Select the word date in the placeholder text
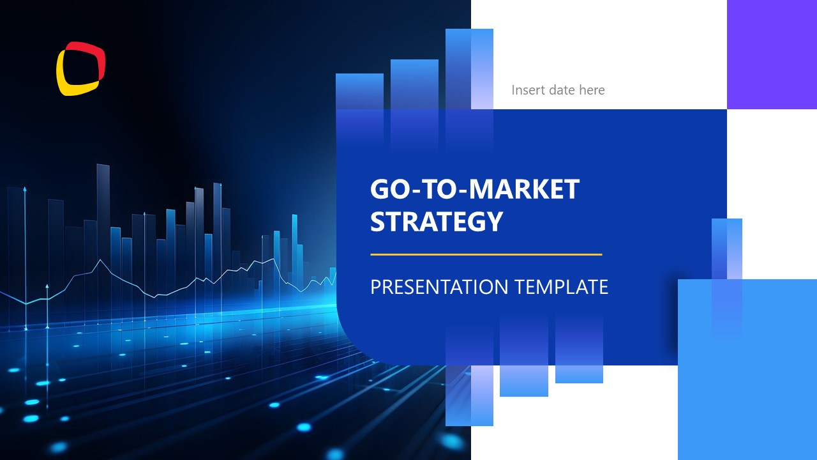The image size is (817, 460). click(562, 90)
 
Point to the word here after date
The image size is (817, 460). click(592, 90)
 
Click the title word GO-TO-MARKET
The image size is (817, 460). click(474, 190)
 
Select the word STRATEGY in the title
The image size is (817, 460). click(437, 222)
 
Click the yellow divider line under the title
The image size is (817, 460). click(486, 254)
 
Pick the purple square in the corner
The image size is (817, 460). click(772, 54)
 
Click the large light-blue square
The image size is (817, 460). click(747, 383)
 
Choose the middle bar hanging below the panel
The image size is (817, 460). click(523, 377)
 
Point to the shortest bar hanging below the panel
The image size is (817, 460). click(579, 371)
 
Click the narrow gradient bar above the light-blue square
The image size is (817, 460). click(726, 249)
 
